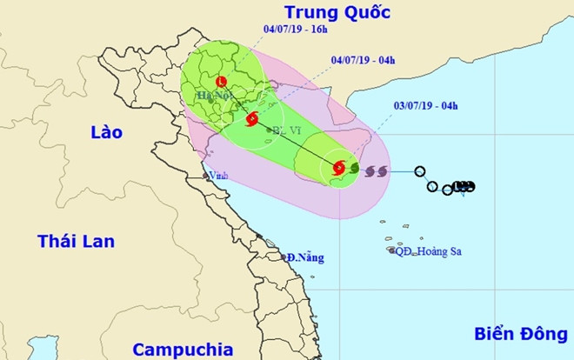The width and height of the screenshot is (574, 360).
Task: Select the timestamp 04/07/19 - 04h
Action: [363, 60]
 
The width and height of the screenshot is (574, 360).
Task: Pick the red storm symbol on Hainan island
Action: [339, 168]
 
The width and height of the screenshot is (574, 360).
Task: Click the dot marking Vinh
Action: [207, 176]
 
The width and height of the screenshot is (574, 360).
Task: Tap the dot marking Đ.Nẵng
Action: [286, 257]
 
